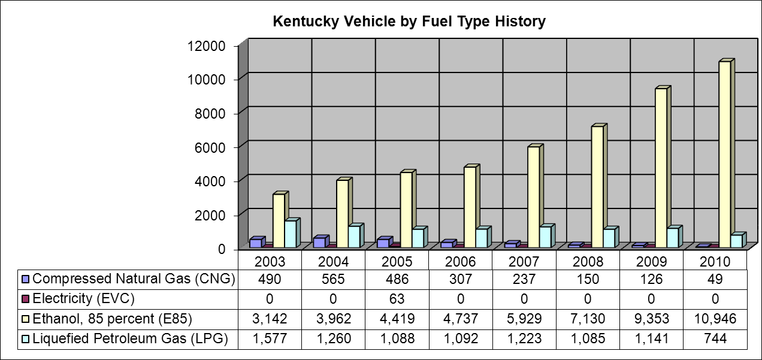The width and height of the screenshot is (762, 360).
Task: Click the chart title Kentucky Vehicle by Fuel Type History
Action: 409,22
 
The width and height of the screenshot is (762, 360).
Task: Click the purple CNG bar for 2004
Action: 319,242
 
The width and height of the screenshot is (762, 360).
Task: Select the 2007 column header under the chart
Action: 524,262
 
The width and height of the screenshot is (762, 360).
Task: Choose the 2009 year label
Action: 651,262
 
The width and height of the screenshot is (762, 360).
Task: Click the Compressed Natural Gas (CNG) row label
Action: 134,279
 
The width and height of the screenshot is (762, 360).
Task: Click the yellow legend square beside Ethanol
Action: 25,319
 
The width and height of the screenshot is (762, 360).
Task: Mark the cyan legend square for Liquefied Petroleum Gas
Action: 25,339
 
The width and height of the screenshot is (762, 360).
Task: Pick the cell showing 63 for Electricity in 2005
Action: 397,298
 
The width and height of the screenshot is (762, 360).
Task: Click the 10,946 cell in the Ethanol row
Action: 715,319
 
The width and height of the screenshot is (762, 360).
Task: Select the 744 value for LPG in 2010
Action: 715,339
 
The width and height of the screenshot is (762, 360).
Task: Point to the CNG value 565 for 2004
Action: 333,279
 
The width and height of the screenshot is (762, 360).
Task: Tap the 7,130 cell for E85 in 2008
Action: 588,319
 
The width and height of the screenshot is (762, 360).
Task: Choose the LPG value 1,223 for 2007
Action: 524,339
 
